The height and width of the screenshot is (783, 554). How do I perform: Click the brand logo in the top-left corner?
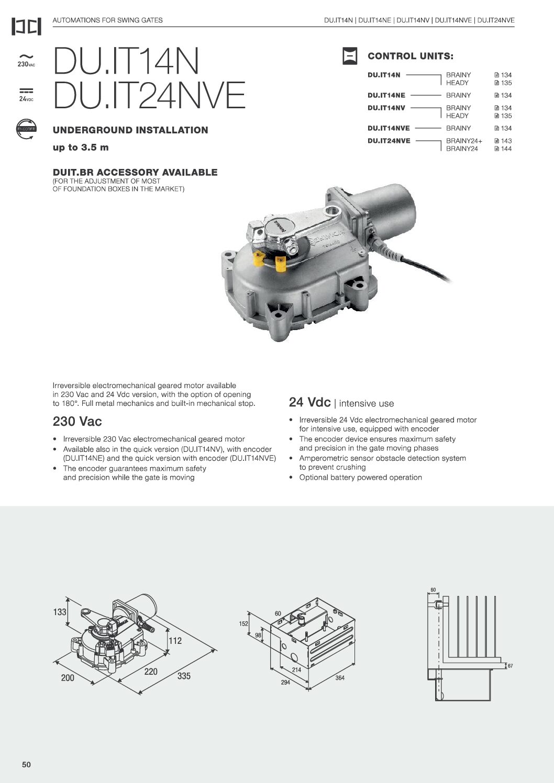[26, 27]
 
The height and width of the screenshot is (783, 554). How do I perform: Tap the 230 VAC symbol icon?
[26, 60]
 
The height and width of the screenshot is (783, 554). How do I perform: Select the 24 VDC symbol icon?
[26, 95]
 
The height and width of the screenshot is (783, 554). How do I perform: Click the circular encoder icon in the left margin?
[26, 129]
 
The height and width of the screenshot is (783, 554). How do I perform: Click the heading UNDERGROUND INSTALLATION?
[130, 130]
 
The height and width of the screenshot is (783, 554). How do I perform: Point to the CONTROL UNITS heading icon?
[350, 56]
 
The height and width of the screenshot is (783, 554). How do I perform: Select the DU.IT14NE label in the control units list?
[386, 95]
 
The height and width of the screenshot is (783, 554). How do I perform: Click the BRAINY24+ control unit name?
[464, 141]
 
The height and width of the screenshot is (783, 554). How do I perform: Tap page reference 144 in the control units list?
[503, 149]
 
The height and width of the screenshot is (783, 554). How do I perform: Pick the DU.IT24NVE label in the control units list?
[389, 141]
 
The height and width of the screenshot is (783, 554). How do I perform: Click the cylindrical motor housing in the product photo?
[387, 209]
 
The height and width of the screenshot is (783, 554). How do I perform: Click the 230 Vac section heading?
[77, 422]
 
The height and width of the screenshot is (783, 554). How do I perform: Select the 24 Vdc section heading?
[310, 402]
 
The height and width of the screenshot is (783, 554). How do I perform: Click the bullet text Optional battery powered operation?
[360, 478]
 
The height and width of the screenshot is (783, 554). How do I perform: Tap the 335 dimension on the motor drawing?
[184, 676]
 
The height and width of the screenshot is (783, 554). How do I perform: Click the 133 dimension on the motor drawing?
[60, 612]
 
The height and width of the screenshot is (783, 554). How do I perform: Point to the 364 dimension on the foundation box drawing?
[340, 678]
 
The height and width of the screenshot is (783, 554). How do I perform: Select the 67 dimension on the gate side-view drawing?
[510, 666]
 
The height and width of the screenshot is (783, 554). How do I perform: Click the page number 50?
[27, 765]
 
